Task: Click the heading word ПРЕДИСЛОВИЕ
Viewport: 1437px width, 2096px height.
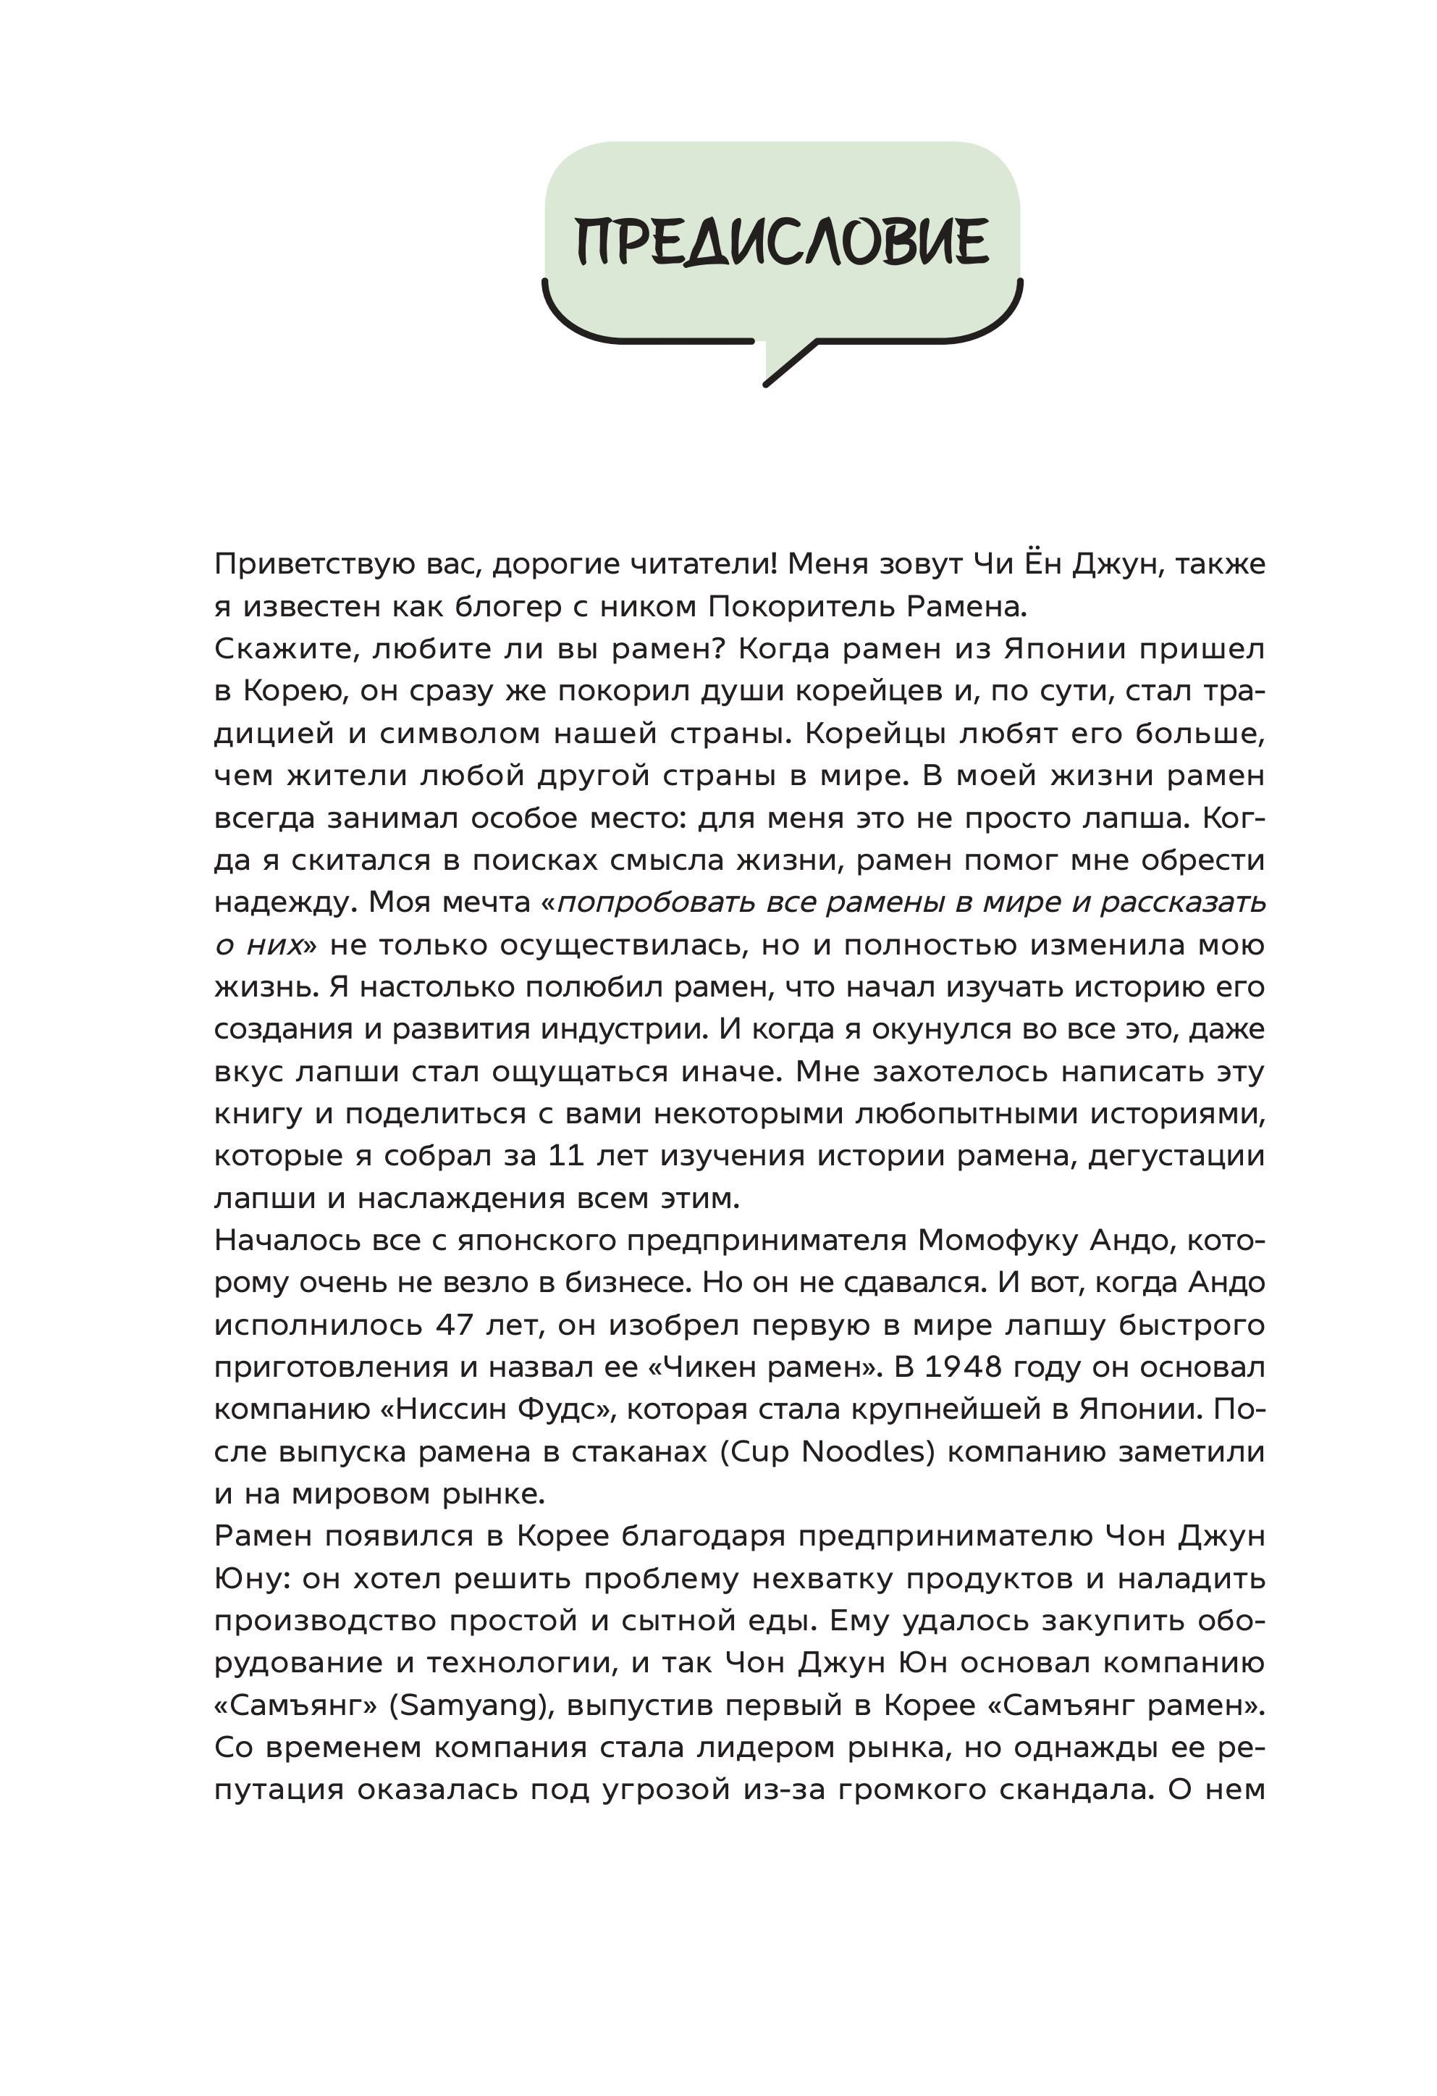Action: (782, 242)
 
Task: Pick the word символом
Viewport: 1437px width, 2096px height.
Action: (460, 733)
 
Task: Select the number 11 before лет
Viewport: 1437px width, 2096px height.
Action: (567, 1156)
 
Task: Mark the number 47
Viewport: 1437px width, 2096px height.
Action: (455, 1326)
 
